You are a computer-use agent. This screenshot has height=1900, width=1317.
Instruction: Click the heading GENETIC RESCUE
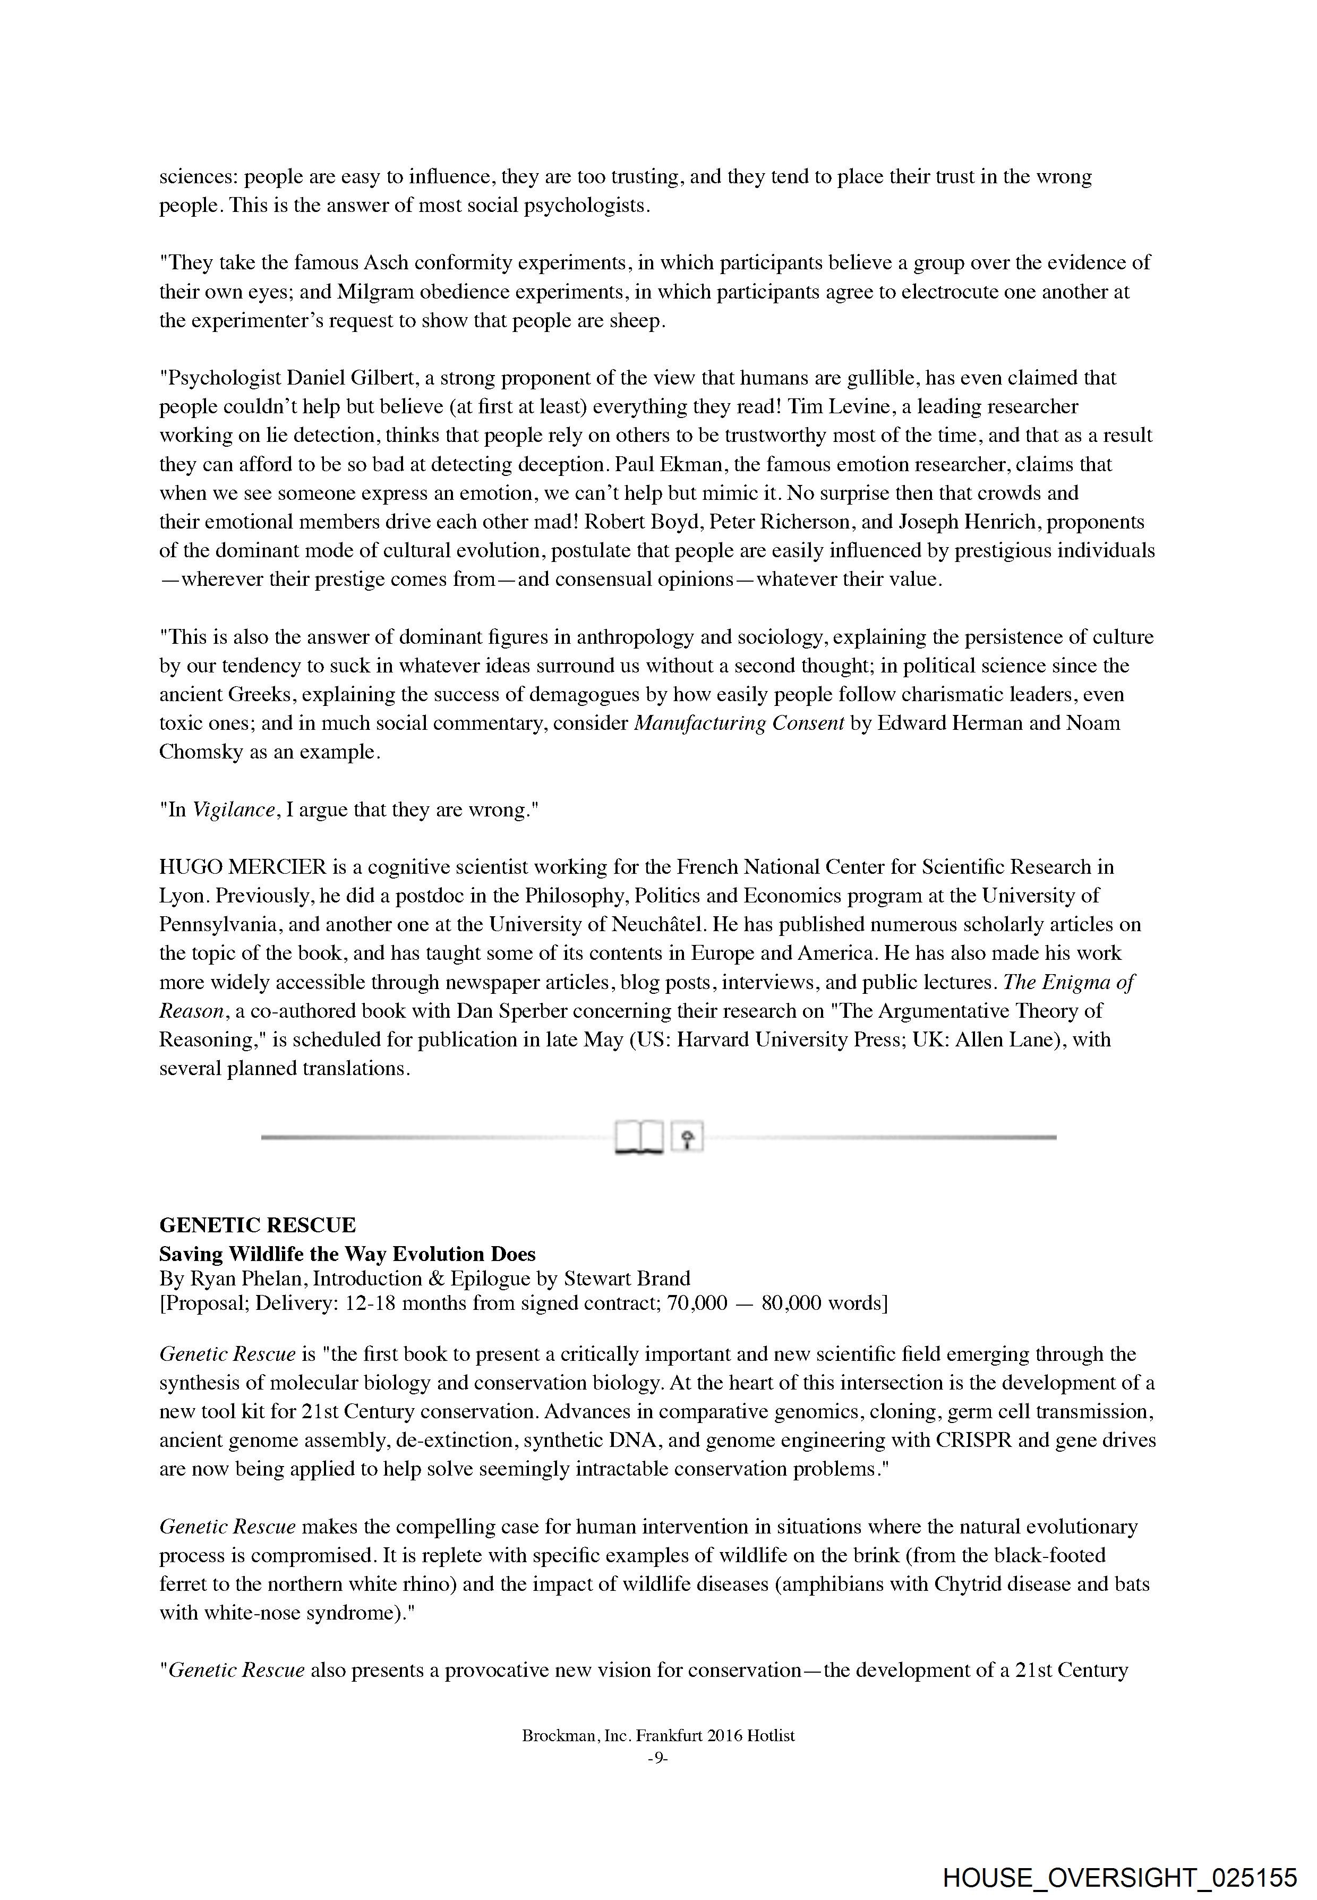[258, 1225]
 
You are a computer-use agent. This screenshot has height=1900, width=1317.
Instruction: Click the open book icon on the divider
[639, 1137]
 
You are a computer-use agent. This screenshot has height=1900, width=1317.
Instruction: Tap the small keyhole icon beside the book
[687, 1137]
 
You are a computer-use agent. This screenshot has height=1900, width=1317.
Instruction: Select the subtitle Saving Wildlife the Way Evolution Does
[347, 1254]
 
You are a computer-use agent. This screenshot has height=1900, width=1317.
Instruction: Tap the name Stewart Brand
[627, 1279]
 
